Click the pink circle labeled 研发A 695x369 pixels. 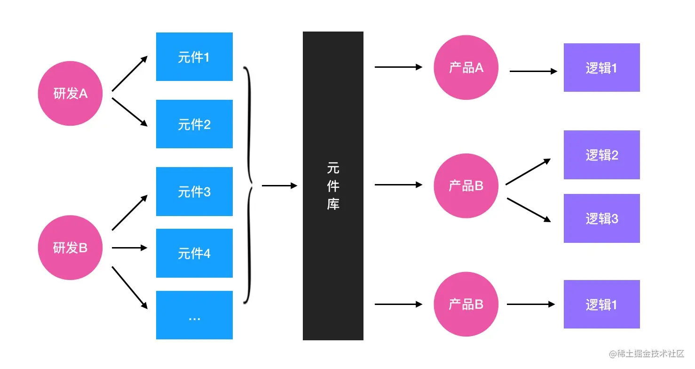(70, 93)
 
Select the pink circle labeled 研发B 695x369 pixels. (70, 248)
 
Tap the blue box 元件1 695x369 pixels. (194, 57)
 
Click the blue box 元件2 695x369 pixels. (194, 124)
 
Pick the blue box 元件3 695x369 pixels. (194, 192)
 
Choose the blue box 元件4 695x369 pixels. (194, 253)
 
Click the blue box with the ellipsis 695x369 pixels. (194, 315)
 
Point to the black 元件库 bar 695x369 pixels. (333, 186)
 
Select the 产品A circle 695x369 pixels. (466, 67)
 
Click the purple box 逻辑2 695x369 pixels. (601, 155)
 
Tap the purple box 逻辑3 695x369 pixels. (601, 218)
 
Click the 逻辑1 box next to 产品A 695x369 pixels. (601, 67)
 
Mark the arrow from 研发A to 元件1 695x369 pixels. (129, 73)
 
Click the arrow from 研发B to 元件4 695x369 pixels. (129, 248)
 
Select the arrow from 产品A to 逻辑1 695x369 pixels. (533, 72)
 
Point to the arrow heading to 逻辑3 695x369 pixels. (529, 209)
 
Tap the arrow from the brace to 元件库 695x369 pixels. (279, 186)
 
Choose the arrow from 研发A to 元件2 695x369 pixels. (129, 112)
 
